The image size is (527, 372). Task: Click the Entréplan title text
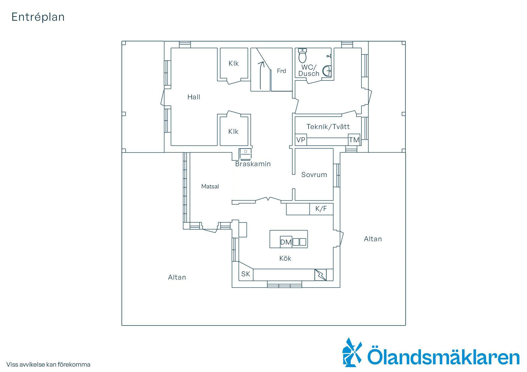[x=38, y=17]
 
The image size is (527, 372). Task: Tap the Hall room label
[x=194, y=97]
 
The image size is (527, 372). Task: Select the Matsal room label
[x=210, y=186]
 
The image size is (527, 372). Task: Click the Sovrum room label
[x=314, y=175]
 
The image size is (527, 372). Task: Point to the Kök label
[x=285, y=258]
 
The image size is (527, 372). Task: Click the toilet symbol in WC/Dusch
[x=302, y=55]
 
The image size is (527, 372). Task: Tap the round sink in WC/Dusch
[x=327, y=71]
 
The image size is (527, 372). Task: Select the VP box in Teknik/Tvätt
[x=301, y=140]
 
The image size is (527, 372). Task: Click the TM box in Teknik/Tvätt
[x=354, y=140]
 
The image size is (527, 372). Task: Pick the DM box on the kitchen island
[x=286, y=242]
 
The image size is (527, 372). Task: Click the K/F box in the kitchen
[x=321, y=209]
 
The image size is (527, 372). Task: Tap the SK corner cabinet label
[x=246, y=274]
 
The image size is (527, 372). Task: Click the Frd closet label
[x=282, y=71]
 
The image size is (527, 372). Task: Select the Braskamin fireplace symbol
[x=245, y=154]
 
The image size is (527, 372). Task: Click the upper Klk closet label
[x=233, y=63]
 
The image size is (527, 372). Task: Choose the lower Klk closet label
[x=233, y=131]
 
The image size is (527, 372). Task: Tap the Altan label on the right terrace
[x=373, y=239]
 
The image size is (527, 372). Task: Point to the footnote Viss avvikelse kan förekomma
[x=48, y=364]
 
